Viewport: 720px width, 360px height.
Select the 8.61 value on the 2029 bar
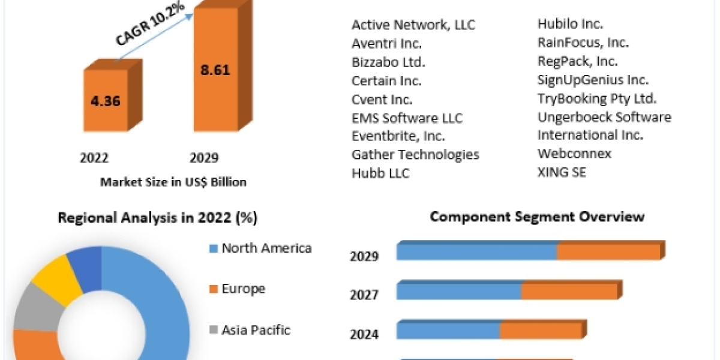(214, 69)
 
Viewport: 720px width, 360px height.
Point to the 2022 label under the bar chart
(94, 158)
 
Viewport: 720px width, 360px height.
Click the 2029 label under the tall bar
(204, 158)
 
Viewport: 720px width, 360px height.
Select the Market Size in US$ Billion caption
(173, 182)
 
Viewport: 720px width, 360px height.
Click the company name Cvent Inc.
(382, 99)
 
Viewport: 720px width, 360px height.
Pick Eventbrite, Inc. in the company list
(398, 136)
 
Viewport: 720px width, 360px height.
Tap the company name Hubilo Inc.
(570, 24)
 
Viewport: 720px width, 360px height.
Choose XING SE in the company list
(562, 172)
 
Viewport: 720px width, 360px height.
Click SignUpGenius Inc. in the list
(593, 80)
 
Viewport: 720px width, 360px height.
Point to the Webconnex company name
(574, 154)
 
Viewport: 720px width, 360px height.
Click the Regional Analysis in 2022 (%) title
(157, 218)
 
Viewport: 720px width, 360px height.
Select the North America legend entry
(266, 248)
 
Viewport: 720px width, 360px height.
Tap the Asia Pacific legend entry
(256, 329)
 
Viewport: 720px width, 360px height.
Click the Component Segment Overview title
(537, 217)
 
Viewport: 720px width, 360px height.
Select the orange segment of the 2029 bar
(608, 252)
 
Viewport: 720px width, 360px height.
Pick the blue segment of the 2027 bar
(459, 292)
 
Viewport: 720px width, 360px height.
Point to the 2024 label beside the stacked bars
(364, 334)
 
